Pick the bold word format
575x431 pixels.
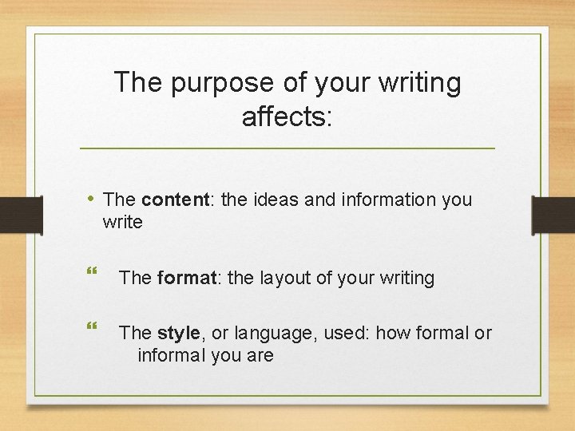tap(187, 278)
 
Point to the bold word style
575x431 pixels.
tap(179, 333)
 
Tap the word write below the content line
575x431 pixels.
tap(123, 222)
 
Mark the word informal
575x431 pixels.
tap(172, 355)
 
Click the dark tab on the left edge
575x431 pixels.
tap(21, 216)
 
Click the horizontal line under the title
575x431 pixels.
tap(287, 148)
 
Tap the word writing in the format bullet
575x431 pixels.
tap(403, 278)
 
